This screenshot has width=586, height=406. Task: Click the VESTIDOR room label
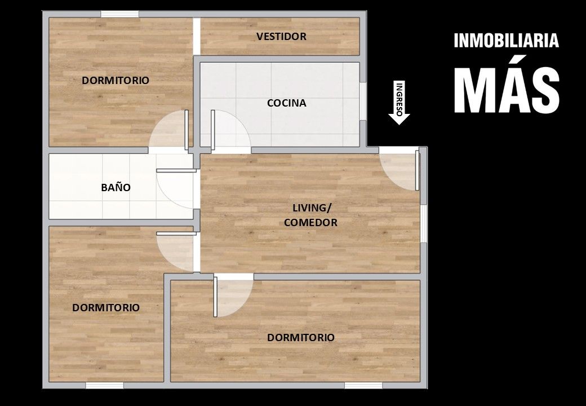(x=281, y=36)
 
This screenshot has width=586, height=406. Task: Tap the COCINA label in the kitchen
(x=287, y=103)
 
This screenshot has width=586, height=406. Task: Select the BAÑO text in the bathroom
(x=116, y=187)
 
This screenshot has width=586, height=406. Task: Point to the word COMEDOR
(x=310, y=222)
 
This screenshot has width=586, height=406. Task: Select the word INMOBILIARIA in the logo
(x=507, y=41)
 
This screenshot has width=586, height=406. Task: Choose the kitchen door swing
(x=230, y=129)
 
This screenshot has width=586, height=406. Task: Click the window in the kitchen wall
(x=362, y=101)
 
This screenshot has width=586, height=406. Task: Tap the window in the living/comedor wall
(x=423, y=223)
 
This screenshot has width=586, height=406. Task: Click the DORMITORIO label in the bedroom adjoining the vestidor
(x=116, y=81)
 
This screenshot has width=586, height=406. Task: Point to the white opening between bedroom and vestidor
(x=197, y=36)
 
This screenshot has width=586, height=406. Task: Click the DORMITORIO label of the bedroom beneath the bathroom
(x=106, y=308)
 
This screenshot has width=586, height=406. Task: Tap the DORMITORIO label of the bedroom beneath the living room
(x=301, y=338)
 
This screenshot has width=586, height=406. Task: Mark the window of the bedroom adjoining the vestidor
(x=119, y=14)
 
